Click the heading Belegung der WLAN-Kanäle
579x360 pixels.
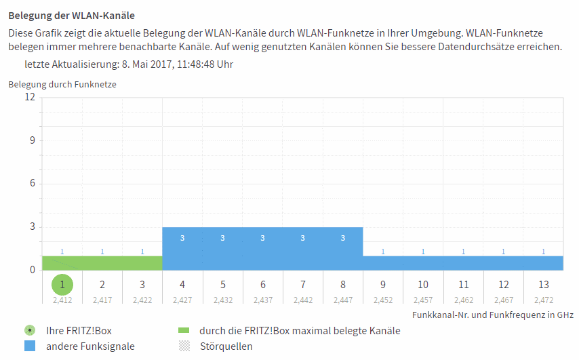(x=66, y=15)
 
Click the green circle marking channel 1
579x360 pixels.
(x=62, y=284)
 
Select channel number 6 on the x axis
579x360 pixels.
(x=263, y=285)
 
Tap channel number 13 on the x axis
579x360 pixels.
(x=543, y=285)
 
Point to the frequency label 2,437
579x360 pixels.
(x=263, y=299)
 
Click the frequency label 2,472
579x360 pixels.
(x=543, y=299)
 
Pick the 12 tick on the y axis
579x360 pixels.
(x=30, y=97)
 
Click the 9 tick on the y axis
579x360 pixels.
(x=32, y=140)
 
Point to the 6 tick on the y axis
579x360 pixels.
(x=32, y=184)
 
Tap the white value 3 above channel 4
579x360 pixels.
(x=182, y=238)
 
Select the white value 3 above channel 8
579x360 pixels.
(x=343, y=238)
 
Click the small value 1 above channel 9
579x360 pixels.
(x=383, y=252)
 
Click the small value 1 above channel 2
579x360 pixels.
(x=102, y=252)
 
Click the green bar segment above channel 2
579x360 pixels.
(x=102, y=263)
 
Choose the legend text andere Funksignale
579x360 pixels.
(x=90, y=346)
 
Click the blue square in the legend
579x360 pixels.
(x=29, y=346)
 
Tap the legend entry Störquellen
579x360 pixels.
(x=226, y=346)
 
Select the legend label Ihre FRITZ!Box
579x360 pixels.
(x=79, y=331)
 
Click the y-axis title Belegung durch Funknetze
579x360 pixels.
(x=62, y=85)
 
